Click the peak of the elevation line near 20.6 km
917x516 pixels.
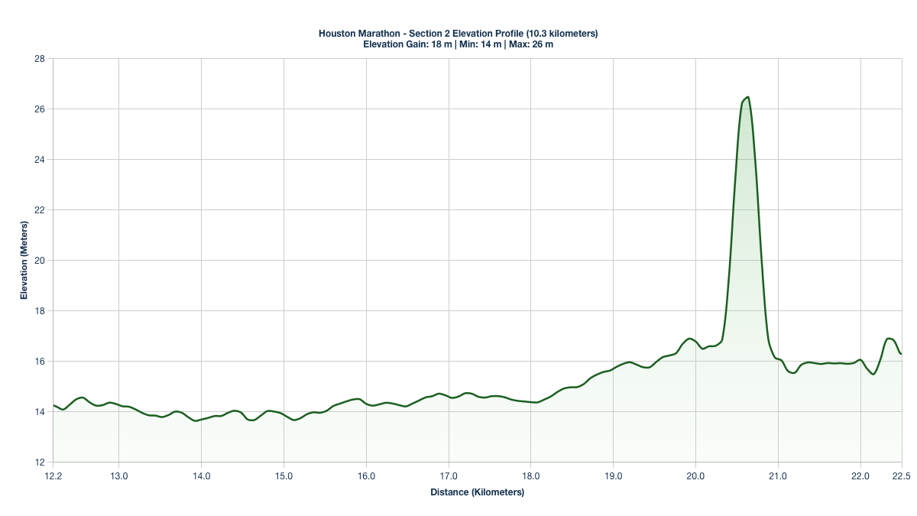coord(747,97)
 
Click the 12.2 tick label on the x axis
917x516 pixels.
coord(53,475)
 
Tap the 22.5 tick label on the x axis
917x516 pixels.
coord(902,475)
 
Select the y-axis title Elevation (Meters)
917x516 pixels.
coord(24,260)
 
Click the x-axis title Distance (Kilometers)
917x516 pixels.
coord(477,492)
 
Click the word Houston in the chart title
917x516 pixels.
coord(336,34)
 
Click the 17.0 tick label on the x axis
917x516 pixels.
coord(449,475)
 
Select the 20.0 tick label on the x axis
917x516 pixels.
coord(695,475)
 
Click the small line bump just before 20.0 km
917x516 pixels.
coord(689,338)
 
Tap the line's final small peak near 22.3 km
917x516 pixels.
coord(889,338)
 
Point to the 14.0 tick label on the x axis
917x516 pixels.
coord(201,475)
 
